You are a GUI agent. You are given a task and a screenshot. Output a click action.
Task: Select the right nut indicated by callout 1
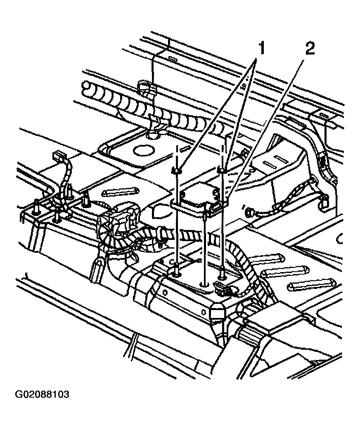point(222,169)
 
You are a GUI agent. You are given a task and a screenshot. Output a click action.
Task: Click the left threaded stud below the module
point(177,270)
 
